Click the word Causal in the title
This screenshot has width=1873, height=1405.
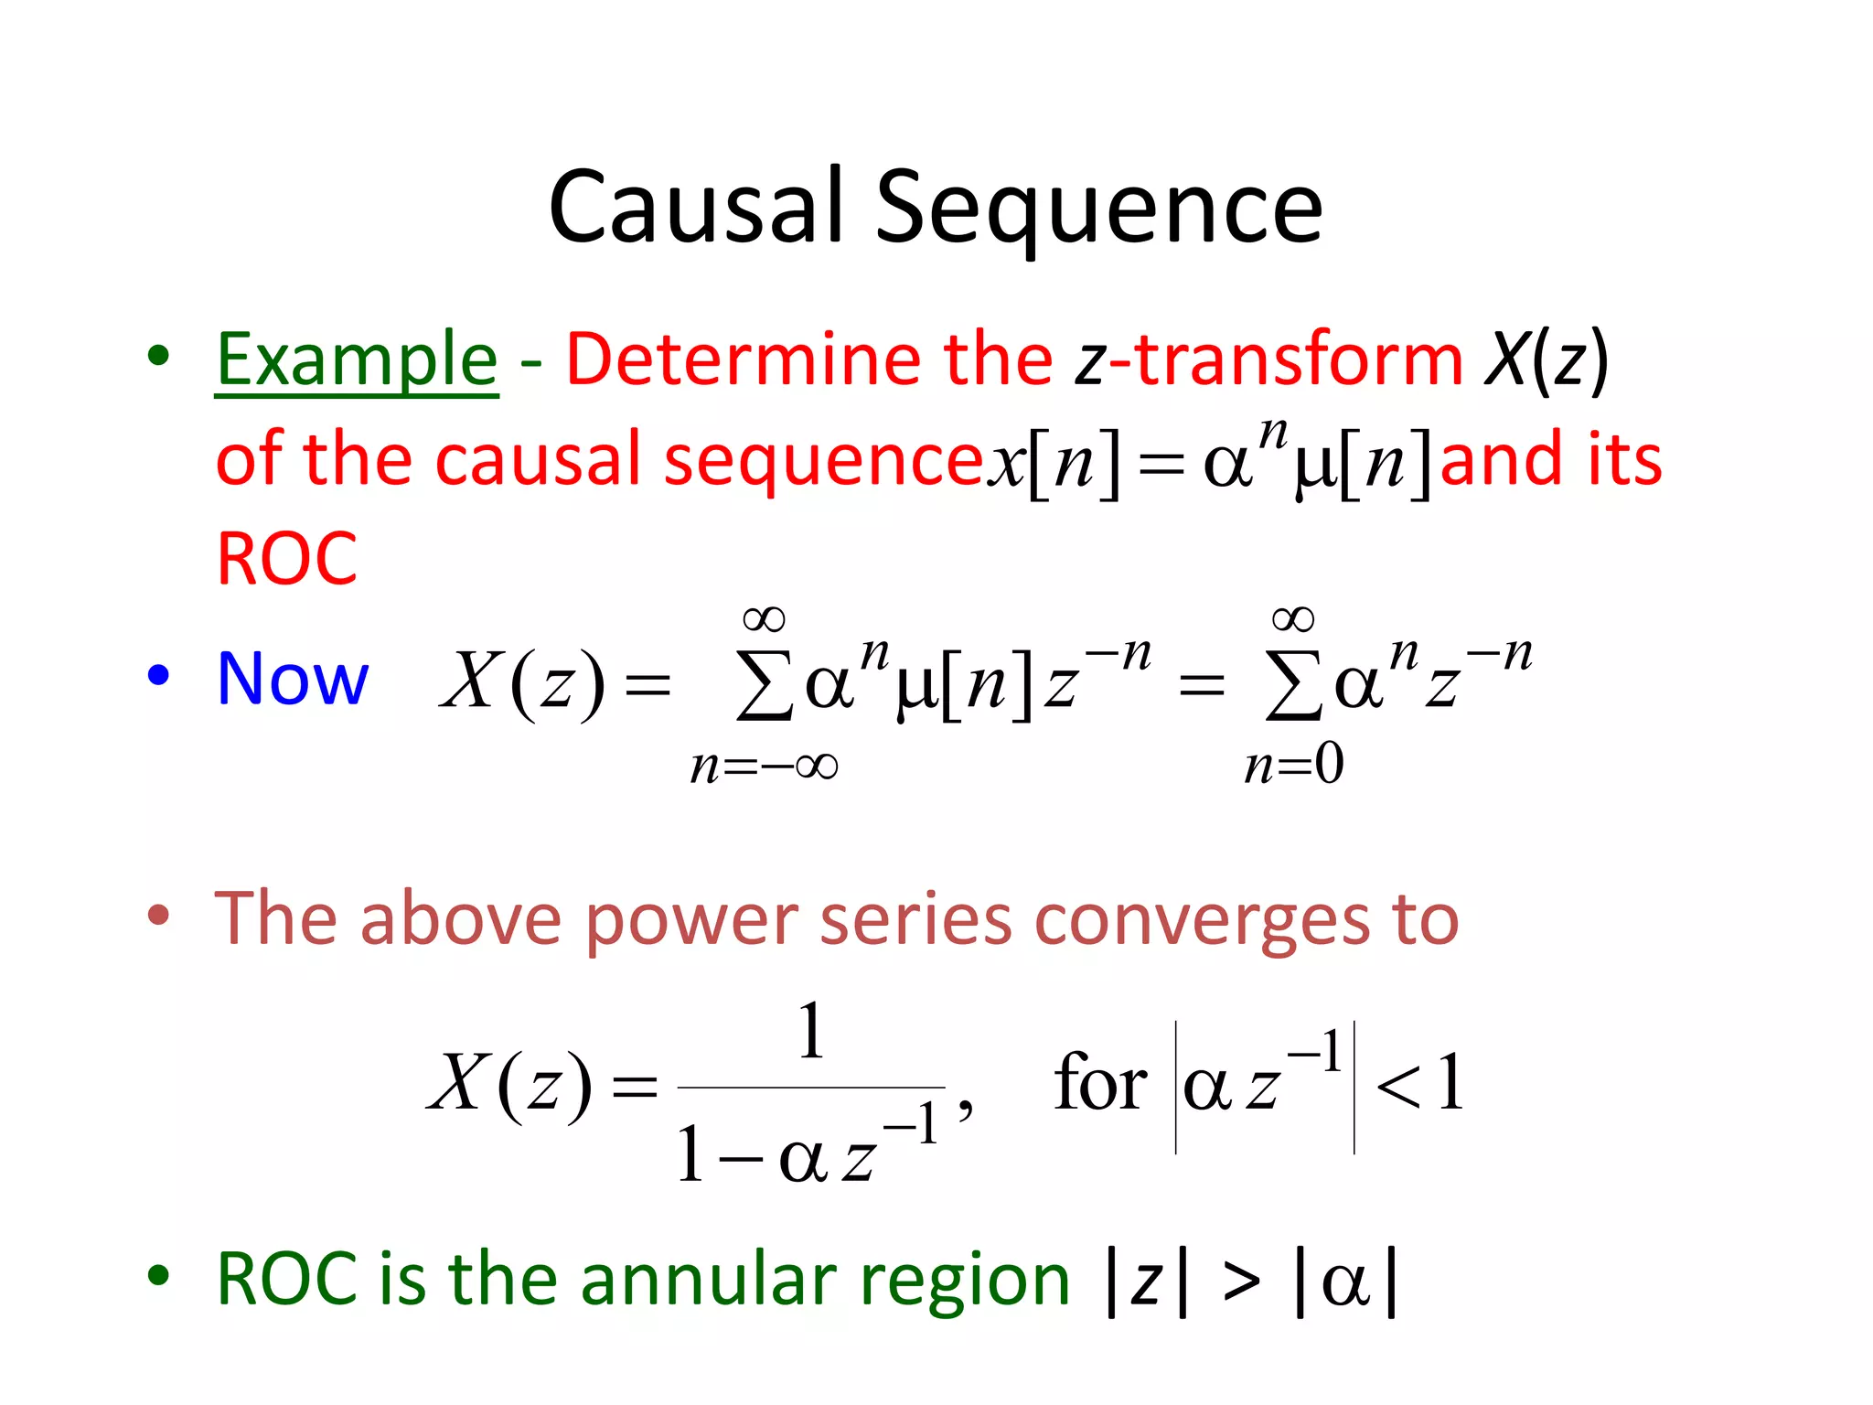[x=695, y=208]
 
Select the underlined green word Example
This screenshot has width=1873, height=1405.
[x=357, y=360]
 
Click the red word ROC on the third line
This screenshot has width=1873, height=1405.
[x=286, y=559]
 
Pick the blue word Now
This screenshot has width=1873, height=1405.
[x=293, y=679]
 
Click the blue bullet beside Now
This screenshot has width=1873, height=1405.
[x=159, y=675]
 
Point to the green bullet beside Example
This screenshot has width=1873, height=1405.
[x=159, y=356]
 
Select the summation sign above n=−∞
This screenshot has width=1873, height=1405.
[x=765, y=685]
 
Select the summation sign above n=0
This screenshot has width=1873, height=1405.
[x=1293, y=685]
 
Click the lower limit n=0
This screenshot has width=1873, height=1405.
[x=1293, y=765]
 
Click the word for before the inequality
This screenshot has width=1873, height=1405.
[x=1099, y=1083]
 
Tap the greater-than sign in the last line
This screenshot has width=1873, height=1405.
[x=1241, y=1281]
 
